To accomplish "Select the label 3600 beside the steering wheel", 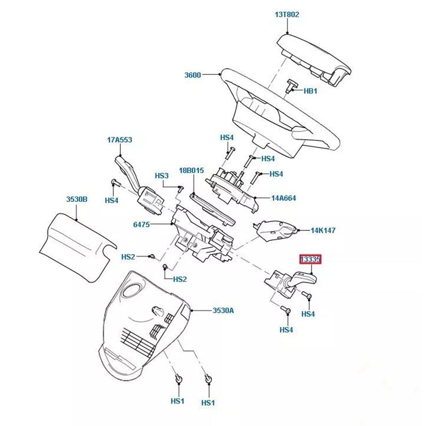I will click(x=192, y=75).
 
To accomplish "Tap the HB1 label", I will click(x=310, y=91).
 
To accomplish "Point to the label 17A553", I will click(x=119, y=141).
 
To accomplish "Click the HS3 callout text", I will click(x=161, y=176).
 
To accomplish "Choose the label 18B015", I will click(x=191, y=170).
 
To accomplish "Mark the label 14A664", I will click(x=283, y=198).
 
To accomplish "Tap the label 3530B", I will click(x=77, y=199).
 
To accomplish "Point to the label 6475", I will click(x=141, y=225).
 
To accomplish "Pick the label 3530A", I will click(x=223, y=310).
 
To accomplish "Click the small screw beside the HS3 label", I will click(x=180, y=187).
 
